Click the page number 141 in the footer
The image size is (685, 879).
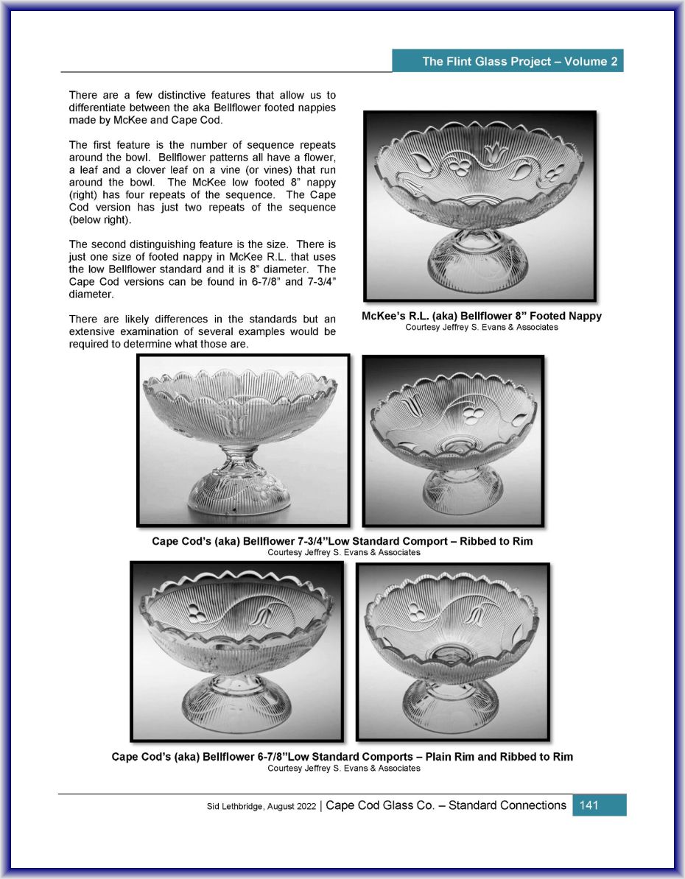click(589, 805)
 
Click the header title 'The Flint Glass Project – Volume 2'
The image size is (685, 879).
click(519, 61)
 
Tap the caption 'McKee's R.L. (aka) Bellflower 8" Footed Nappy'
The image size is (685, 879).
click(481, 316)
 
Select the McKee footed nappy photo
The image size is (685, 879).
click(479, 205)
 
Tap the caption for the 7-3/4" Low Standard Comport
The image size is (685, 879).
click(342, 541)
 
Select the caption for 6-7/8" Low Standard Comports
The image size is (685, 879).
click(342, 757)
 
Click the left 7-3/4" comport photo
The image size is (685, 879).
click(243, 440)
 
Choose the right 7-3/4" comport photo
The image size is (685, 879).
click(453, 440)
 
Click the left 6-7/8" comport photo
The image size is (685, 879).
click(236, 651)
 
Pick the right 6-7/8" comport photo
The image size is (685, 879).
click(452, 651)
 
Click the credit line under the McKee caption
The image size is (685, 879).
click(481, 328)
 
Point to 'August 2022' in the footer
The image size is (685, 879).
click(294, 806)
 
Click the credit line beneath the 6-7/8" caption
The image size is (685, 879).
click(343, 769)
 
